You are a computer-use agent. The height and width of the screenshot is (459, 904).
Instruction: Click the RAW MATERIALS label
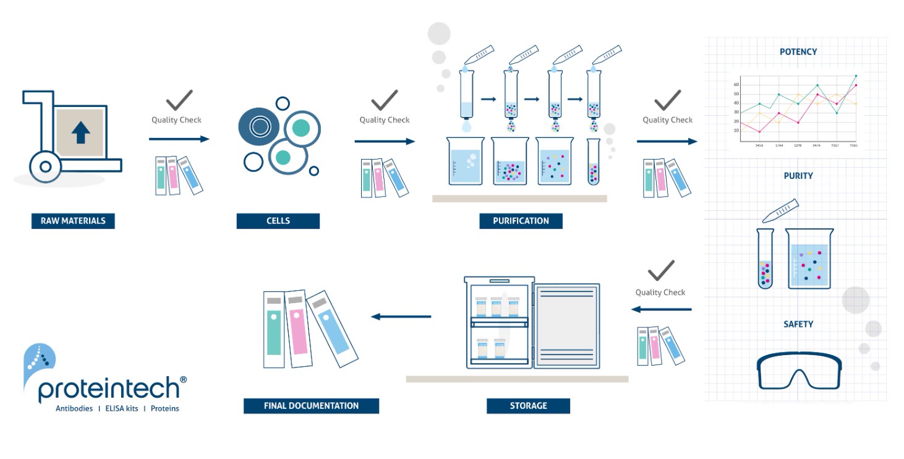coord(73,221)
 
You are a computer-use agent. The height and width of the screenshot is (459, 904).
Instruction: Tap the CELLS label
coord(278,221)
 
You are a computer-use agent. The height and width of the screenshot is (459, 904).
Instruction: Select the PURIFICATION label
coord(521,221)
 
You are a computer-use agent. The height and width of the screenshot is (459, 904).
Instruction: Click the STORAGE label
coord(528,406)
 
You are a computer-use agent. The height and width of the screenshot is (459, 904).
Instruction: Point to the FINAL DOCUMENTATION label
coord(311,406)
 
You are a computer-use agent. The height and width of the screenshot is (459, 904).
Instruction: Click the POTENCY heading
coord(798,52)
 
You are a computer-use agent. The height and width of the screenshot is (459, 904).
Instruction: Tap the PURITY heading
coord(798,176)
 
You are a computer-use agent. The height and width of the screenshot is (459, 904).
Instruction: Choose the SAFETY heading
coord(798,324)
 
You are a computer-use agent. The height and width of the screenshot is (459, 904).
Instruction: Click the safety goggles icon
coord(800,371)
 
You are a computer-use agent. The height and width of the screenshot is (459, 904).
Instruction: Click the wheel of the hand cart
coord(45,166)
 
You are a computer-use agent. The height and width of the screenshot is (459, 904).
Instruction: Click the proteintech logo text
coord(109,389)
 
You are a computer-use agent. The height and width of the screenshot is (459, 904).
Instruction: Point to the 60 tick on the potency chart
coord(736,84)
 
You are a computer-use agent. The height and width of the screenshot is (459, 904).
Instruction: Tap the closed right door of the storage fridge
coord(566,326)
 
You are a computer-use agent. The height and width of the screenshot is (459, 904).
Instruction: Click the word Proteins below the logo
coord(164,409)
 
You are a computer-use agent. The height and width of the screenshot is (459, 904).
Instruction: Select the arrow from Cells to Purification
coord(384,142)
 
